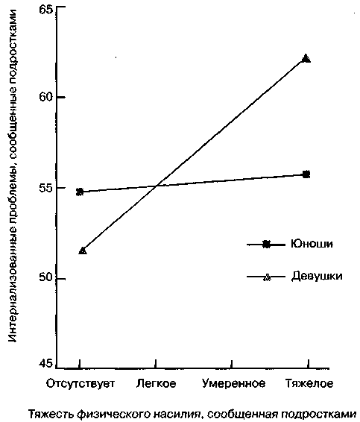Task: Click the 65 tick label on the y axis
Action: [46, 10]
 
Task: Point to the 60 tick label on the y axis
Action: [46, 97]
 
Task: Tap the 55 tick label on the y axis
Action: [46, 188]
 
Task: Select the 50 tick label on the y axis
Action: [46, 277]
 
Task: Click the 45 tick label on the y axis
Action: [46, 364]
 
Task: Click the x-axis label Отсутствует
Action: [80, 383]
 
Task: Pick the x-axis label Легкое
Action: [156, 383]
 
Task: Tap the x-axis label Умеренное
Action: [233, 384]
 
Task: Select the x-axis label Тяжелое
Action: [309, 383]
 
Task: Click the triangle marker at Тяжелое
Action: [306, 58]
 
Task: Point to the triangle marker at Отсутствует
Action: [83, 251]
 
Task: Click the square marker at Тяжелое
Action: [306, 174]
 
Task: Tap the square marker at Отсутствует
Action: [80, 192]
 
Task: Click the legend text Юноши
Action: [312, 244]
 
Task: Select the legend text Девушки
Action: [317, 277]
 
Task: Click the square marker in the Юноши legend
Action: [266, 245]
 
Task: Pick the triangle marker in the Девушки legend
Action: [266, 277]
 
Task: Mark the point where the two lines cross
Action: [157, 186]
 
